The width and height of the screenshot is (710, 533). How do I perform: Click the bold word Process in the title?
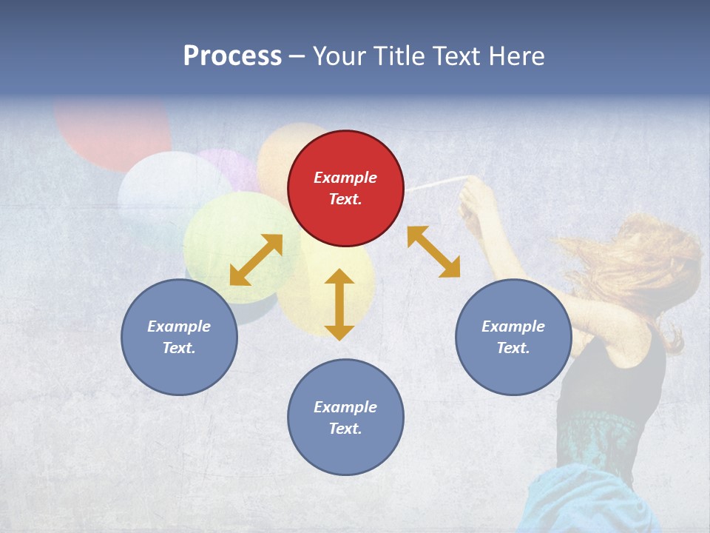point(232,56)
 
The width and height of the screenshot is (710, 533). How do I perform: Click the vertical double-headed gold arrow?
point(339,304)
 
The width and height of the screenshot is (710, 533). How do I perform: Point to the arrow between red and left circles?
point(256,259)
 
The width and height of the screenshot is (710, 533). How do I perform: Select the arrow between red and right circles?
point(433,252)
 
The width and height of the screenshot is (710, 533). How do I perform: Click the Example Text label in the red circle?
point(345,188)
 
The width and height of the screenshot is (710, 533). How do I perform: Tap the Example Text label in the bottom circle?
point(345,418)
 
